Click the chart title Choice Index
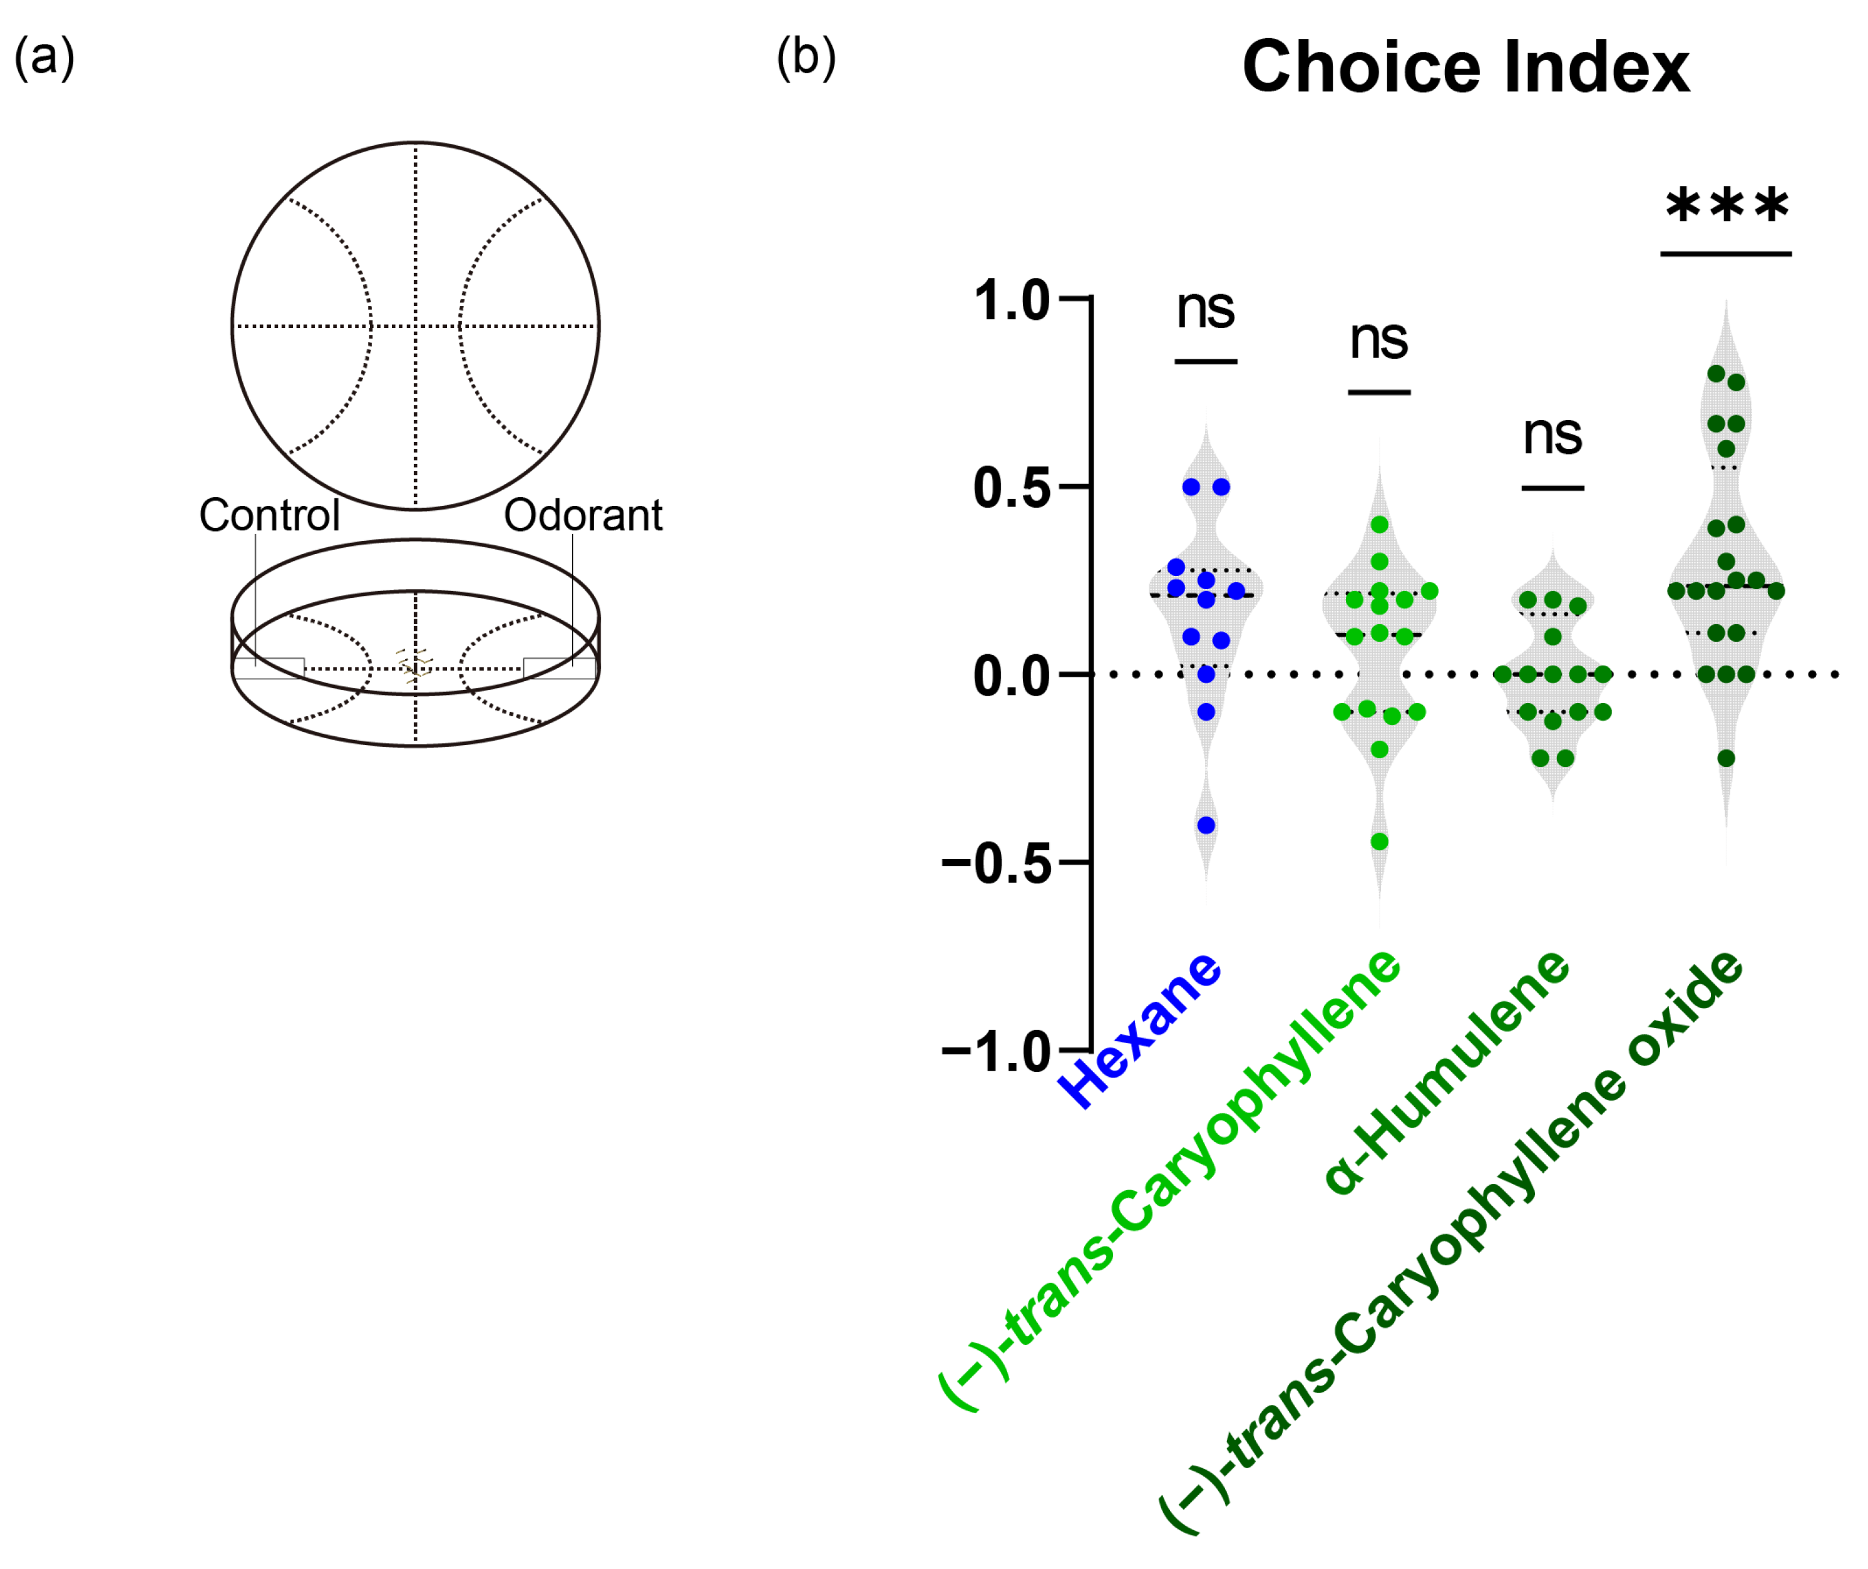click(1465, 67)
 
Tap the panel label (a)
click(44, 58)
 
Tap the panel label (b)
click(806, 58)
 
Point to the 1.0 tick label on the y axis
click(1012, 301)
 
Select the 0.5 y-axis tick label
click(1012, 488)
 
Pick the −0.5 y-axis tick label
click(996, 863)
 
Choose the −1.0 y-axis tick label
click(996, 1052)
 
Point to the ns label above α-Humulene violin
click(1552, 436)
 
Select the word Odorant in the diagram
click(583, 515)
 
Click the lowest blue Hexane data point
click(1206, 825)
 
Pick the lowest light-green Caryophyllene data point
click(1380, 841)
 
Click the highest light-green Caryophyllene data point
click(1380, 525)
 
